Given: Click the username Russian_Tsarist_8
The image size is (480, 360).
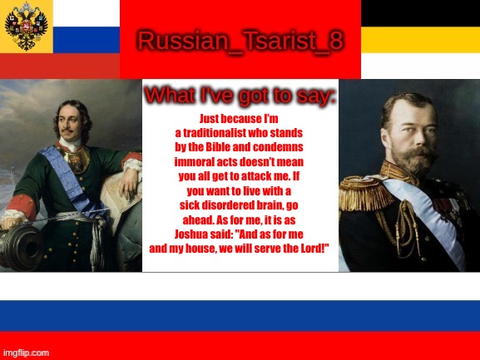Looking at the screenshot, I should click(240, 41).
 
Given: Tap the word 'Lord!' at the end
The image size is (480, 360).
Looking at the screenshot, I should click(311, 248).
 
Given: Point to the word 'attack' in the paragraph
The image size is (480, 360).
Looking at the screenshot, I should click(260, 176).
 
